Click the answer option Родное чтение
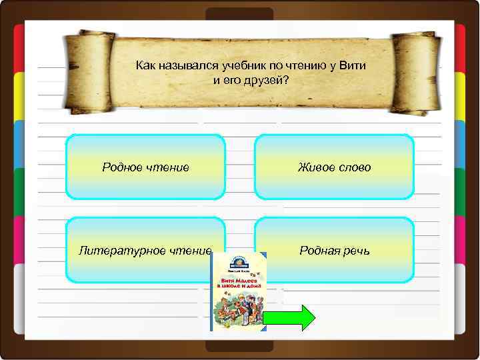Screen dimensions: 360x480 pyautogui.click(x=145, y=167)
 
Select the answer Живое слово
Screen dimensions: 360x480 pyautogui.click(x=334, y=167)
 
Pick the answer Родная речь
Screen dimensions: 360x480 pyautogui.click(x=334, y=251)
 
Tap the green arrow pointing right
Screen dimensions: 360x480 pyautogui.click(x=288, y=318)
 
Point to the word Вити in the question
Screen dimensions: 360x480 pyautogui.click(x=353, y=66)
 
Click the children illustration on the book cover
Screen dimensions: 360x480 pyautogui.click(x=238, y=310)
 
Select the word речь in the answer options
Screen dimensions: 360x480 pyautogui.click(x=357, y=251)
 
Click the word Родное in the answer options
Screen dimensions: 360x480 pyautogui.click(x=121, y=167)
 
